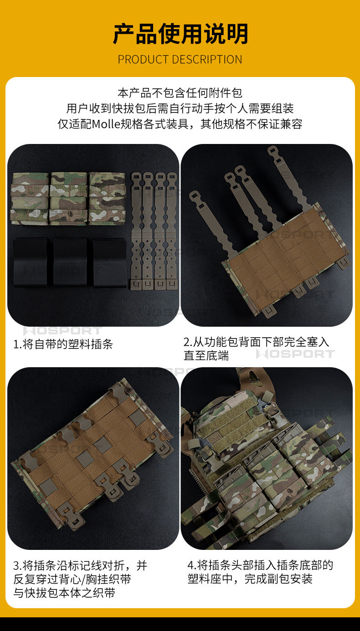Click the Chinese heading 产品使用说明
[x=180, y=34]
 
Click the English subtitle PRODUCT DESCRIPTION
[x=180, y=59]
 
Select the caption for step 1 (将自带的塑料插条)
[x=63, y=344]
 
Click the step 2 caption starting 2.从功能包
[x=256, y=349]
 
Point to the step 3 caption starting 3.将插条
[x=80, y=579]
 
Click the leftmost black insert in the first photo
[x=31, y=262]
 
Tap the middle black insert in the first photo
[x=70, y=262]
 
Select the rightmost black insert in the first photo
[x=109, y=262]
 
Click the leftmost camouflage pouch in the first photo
[x=30, y=198]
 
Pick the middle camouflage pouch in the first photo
[x=69, y=198]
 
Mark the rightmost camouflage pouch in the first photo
[x=107, y=198]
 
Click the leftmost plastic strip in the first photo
[x=136, y=231]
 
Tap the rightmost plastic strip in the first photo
[x=171, y=231]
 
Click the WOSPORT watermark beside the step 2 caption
[x=295, y=354]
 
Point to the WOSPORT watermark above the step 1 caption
[x=62, y=331]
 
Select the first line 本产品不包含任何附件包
[x=180, y=92]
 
